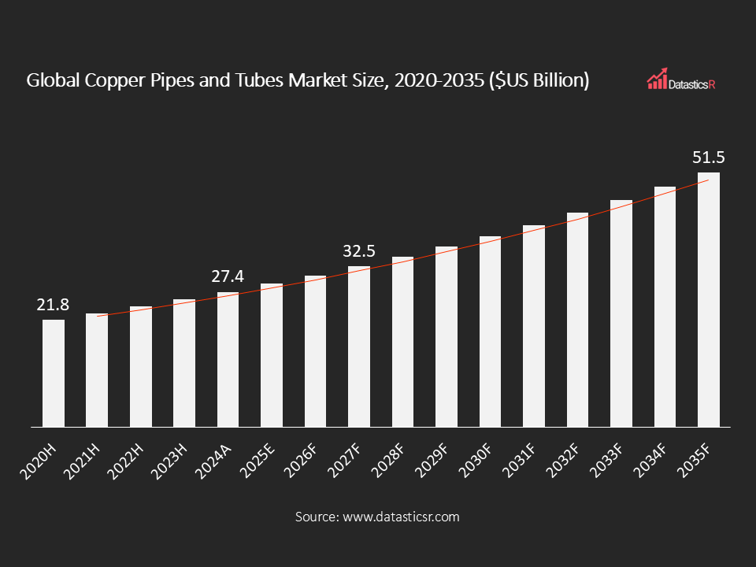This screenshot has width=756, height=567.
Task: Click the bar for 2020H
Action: click(54, 372)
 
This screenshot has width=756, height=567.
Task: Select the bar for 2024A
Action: click(228, 359)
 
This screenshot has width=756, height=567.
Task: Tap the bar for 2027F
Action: click(359, 346)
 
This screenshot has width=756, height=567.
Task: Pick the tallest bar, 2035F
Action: click(708, 299)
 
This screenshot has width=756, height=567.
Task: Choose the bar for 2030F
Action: click(490, 332)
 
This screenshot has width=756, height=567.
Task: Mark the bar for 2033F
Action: click(621, 313)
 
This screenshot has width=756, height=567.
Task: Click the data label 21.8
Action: click(54, 305)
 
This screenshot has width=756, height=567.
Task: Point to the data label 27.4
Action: click(228, 277)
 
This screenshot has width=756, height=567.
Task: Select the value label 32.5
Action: click(359, 251)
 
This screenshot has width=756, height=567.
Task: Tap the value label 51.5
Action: click(708, 157)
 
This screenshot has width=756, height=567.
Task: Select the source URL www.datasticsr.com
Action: click(400, 517)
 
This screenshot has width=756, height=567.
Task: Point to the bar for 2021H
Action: click(97, 370)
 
